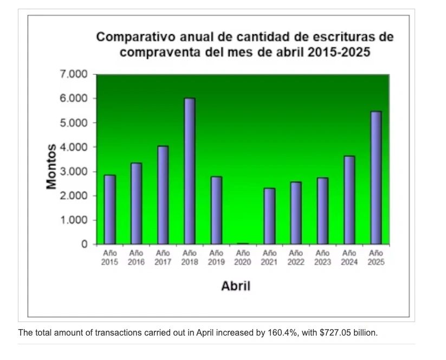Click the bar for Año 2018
[x=189, y=171]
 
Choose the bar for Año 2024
[x=349, y=200]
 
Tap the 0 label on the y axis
[x=84, y=245]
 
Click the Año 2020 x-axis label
[x=243, y=258]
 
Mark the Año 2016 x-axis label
[x=136, y=258]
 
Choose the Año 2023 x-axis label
[x=322, y=258]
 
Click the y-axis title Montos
[x=51, y=166]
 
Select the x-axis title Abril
[x=236, y=286]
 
